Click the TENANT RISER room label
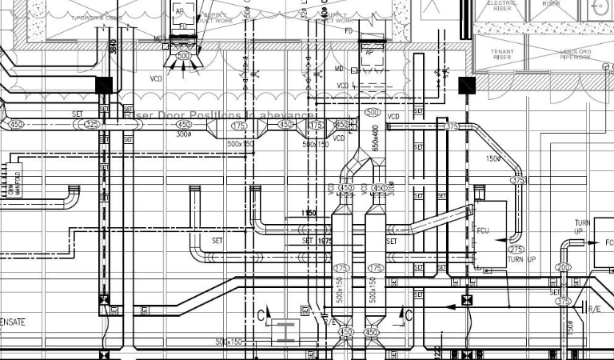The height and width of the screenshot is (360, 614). tap(501, 55)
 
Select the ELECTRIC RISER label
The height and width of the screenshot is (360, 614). tap(501, 6)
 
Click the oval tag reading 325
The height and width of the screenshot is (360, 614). tap(93, 125)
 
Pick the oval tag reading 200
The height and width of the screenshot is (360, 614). tap(564, 267)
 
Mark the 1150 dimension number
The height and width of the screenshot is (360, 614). tap(309, 214)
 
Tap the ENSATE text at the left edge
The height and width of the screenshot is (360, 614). tap(14, 322)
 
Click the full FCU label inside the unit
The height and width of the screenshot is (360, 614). tap(483, 230)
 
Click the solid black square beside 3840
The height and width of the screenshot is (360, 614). tap(104, 84)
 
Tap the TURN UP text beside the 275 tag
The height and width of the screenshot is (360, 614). tap(521, 260)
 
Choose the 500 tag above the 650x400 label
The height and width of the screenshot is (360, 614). tap(373, 113)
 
